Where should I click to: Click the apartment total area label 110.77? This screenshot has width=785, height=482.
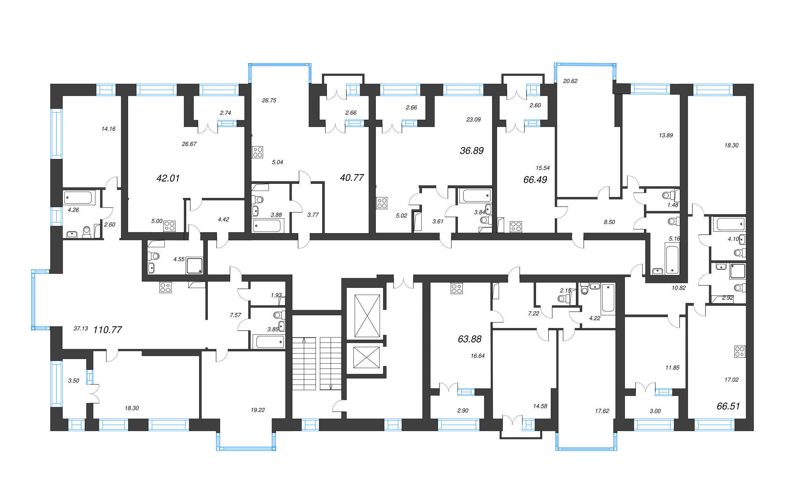[107, 330]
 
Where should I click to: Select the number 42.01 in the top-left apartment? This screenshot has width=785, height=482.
[168, 178]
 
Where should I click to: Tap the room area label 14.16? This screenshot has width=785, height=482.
[108, 129]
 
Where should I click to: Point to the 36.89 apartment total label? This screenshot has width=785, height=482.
[472, 151]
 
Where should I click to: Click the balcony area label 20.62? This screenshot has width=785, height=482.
[570, 81]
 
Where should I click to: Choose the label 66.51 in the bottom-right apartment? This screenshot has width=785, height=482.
[728, 406]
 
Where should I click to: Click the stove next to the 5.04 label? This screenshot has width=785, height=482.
[257, 152]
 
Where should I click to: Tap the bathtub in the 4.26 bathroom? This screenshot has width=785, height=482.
[78, 198]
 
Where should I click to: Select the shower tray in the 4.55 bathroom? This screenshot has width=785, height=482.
[194, 266]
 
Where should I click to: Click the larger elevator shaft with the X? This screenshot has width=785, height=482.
[367, 315]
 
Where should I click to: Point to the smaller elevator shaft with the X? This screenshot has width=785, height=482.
[366, 357]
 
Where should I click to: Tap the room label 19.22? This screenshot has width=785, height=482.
[257, 410]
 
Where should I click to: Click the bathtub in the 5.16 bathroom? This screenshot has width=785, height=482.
[672, 259]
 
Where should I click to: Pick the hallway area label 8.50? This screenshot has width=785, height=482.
[609, 222]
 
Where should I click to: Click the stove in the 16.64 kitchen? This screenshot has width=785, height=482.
[457, 289]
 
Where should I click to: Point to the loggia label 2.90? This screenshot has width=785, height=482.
[463, 411]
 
